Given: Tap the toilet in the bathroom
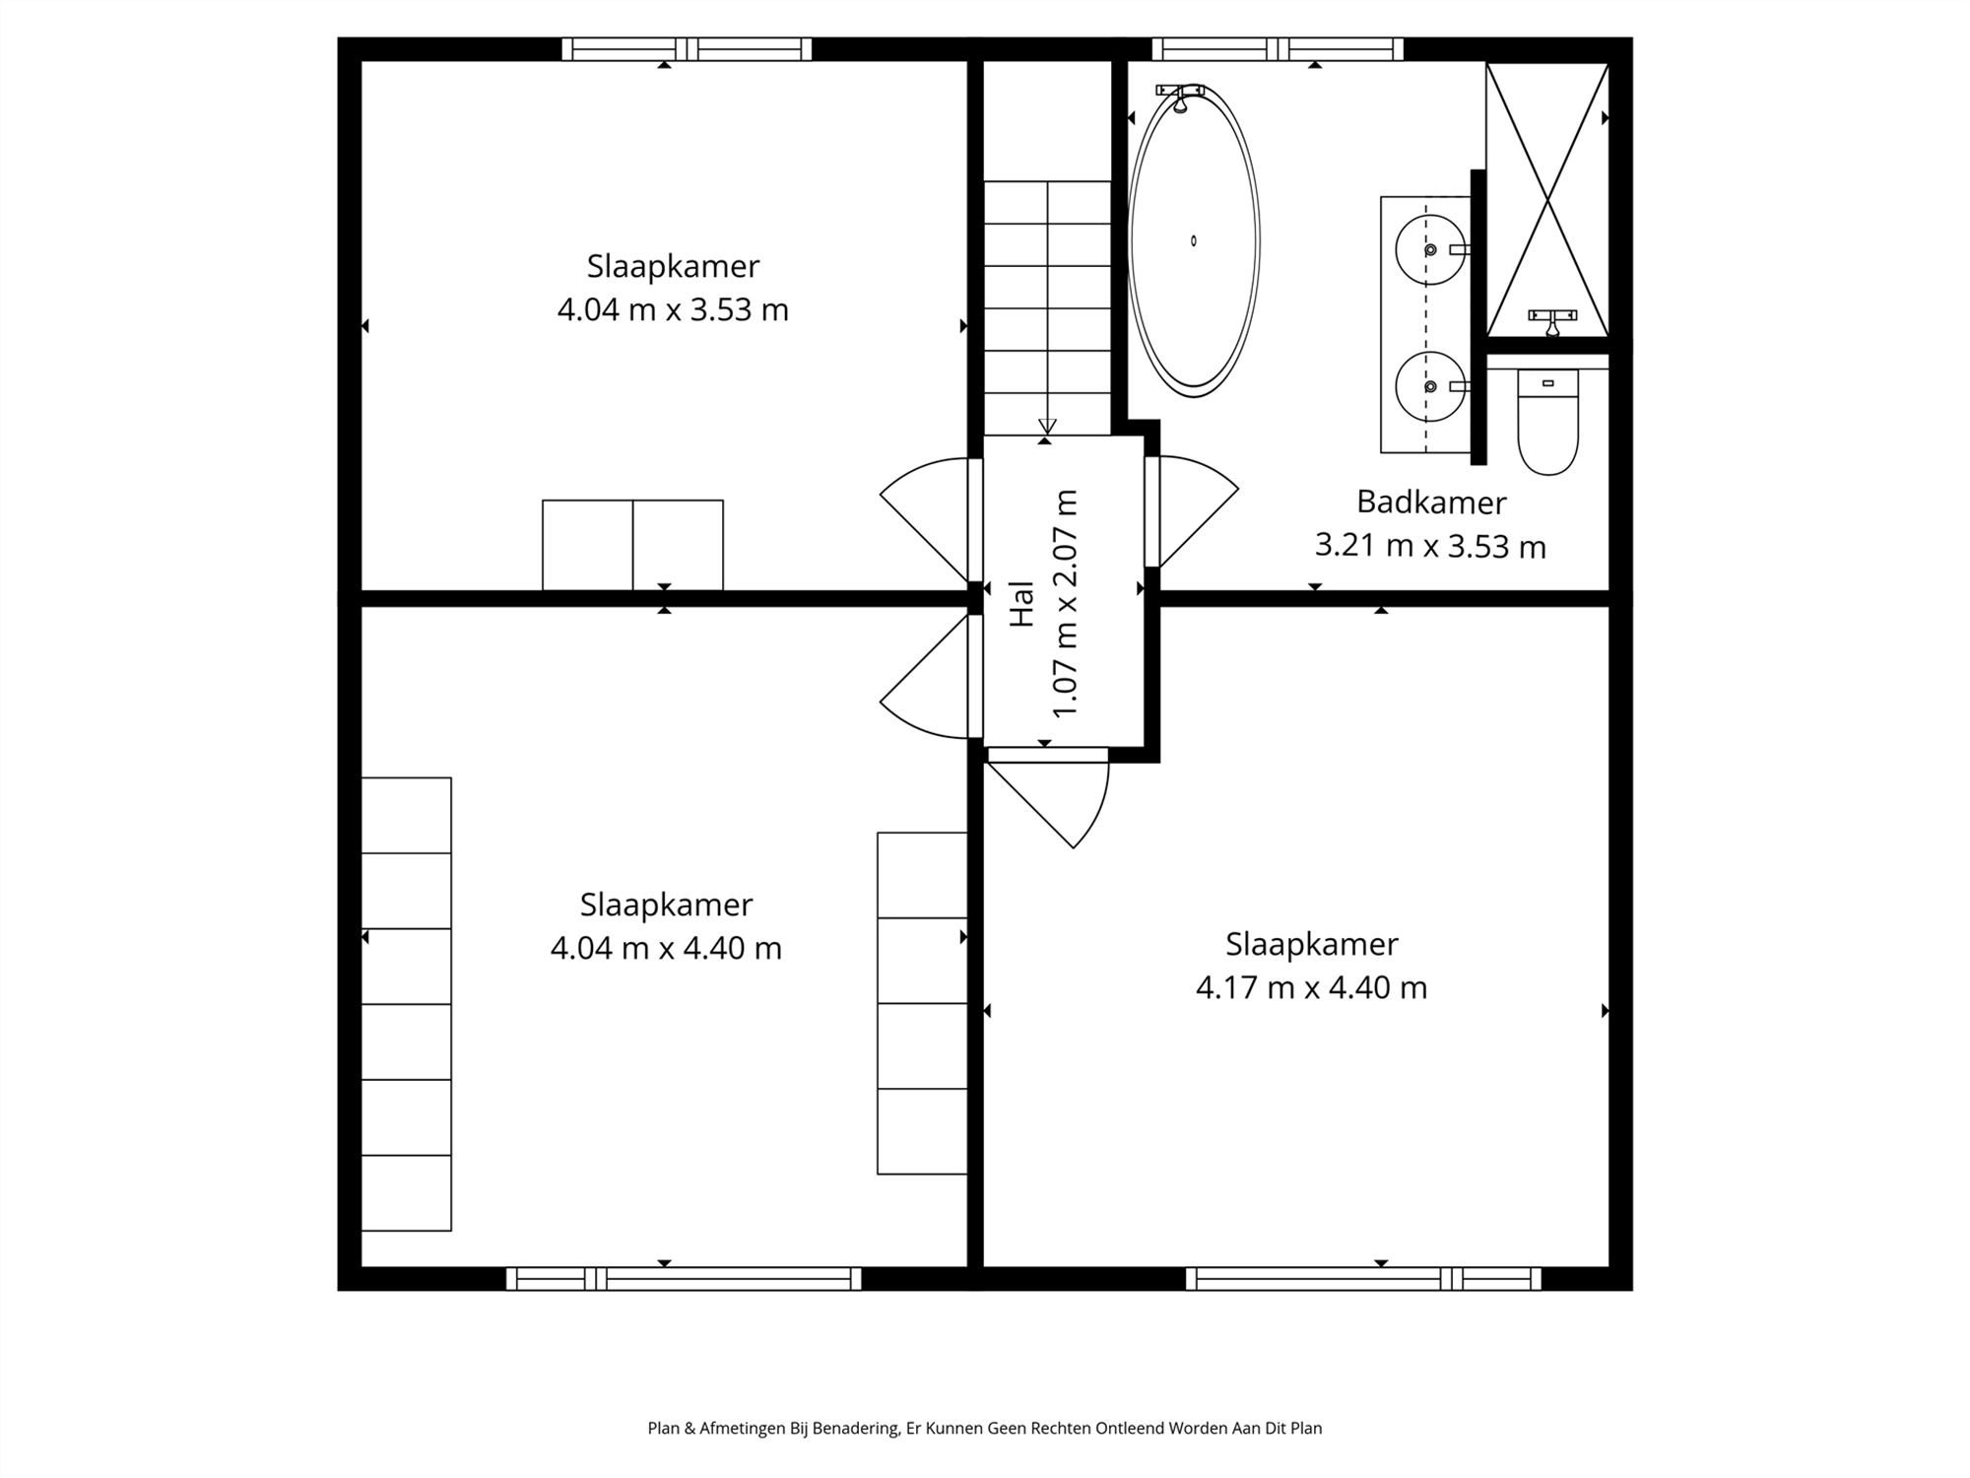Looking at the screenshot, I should click(x=1547, y=424).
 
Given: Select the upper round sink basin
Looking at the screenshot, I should click(x=1429, y=249).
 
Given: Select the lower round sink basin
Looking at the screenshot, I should click(x=1429, y=386).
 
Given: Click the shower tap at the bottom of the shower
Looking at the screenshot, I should click(x=1552, y=318).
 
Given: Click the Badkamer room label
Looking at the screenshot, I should click(x=1430, y=503).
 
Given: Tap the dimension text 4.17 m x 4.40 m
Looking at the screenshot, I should click(x=1311, y=987).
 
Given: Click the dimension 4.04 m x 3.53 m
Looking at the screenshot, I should click(x=673, y=310).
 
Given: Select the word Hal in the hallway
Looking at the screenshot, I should click(x=1022, y=603).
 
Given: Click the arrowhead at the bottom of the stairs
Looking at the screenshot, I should click(x=1047, y=426).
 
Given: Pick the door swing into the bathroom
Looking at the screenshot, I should click(x=1194, y=512).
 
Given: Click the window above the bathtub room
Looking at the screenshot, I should click(x=1278, y=49).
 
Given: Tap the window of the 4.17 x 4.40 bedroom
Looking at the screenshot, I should click(x=1363, y=1279).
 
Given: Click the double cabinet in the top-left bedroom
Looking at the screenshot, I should click(x=632, y=545).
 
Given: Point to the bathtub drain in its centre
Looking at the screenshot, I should click(x=1194, y=241).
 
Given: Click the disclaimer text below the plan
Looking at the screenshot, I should click(x=984, y=1428).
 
